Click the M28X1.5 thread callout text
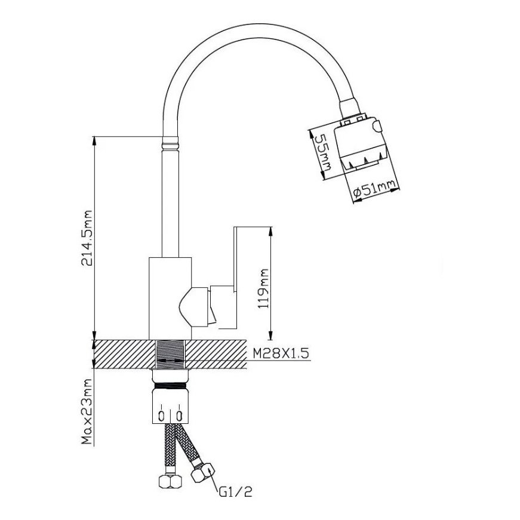point(279,353)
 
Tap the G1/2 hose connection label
point(235,492)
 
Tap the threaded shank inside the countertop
point(170,354)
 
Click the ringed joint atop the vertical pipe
point(170,143)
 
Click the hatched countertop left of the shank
point(122,354)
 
